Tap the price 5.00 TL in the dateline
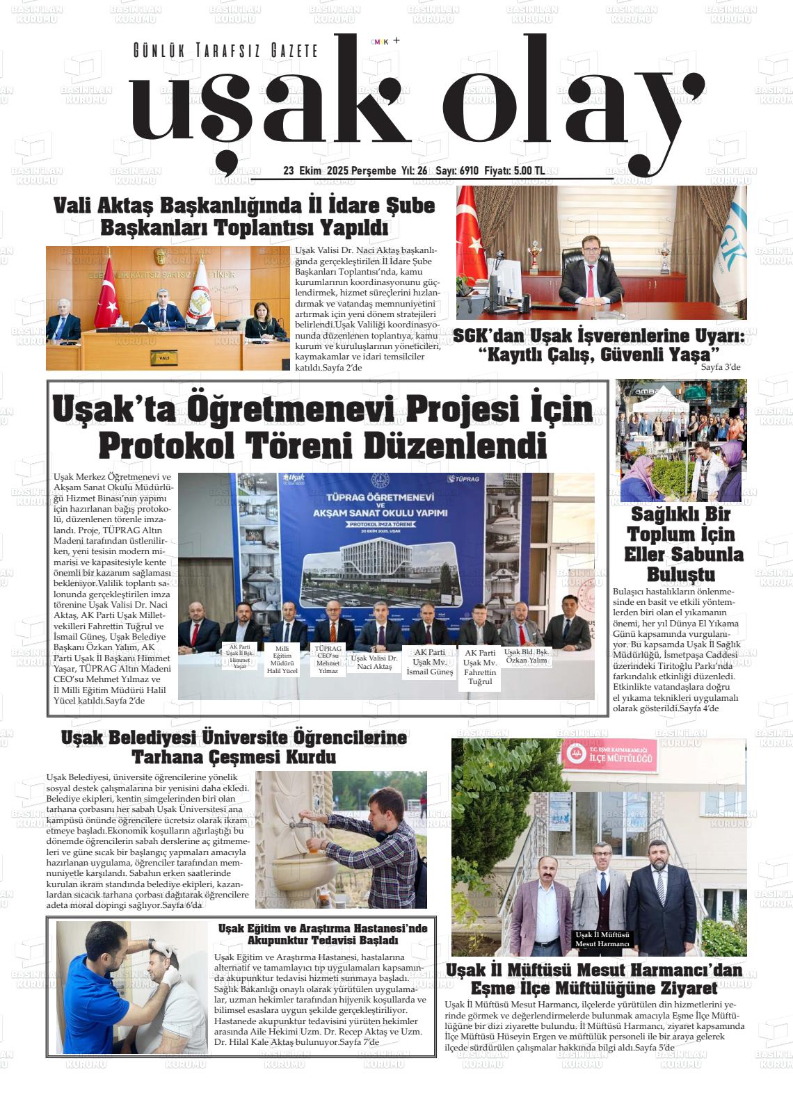(x=529, y=171)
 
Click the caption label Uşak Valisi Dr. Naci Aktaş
(x=374, y=662)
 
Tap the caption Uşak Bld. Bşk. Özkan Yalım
(x=527, y=656)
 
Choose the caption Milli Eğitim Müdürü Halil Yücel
(x=282, y=660)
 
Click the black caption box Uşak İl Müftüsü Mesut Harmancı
(x=602, y=939)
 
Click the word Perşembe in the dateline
(x=372, y=171)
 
